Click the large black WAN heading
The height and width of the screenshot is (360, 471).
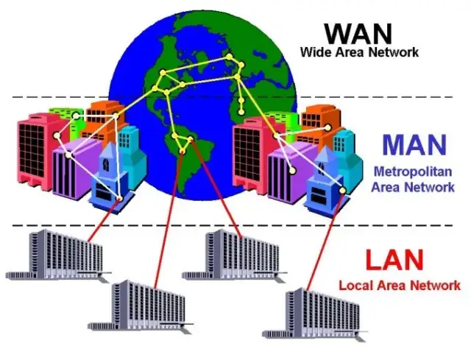[x=360, y=33]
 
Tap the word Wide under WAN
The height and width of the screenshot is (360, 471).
[x=314, y=52]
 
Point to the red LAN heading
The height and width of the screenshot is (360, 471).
[x=394, y=260]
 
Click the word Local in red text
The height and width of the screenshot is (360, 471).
[x=354, y=285]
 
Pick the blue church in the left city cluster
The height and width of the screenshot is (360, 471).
[x=107, y=180]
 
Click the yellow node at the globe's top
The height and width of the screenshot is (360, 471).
[x=230, y=57]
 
